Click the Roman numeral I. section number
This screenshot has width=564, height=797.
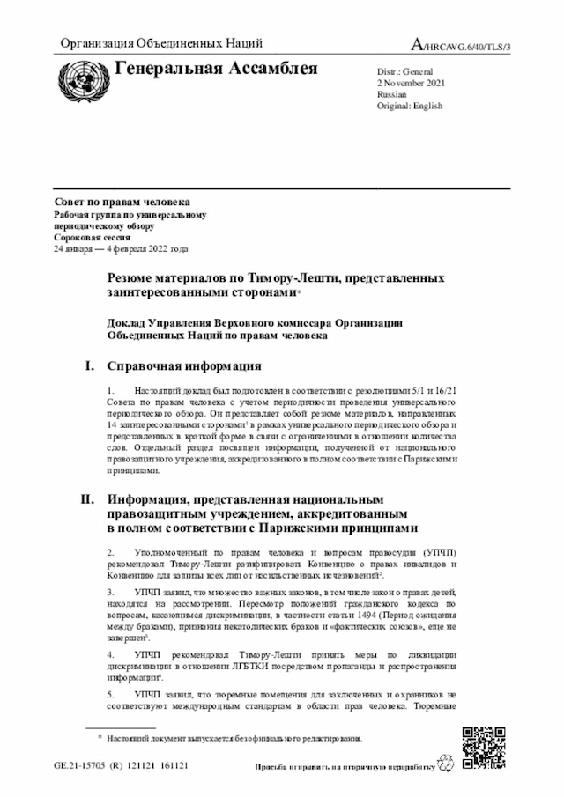(x=89, y=365)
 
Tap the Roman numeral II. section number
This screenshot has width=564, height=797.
(x=87, y=499)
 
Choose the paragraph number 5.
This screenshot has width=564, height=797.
(x=109, y=693)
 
